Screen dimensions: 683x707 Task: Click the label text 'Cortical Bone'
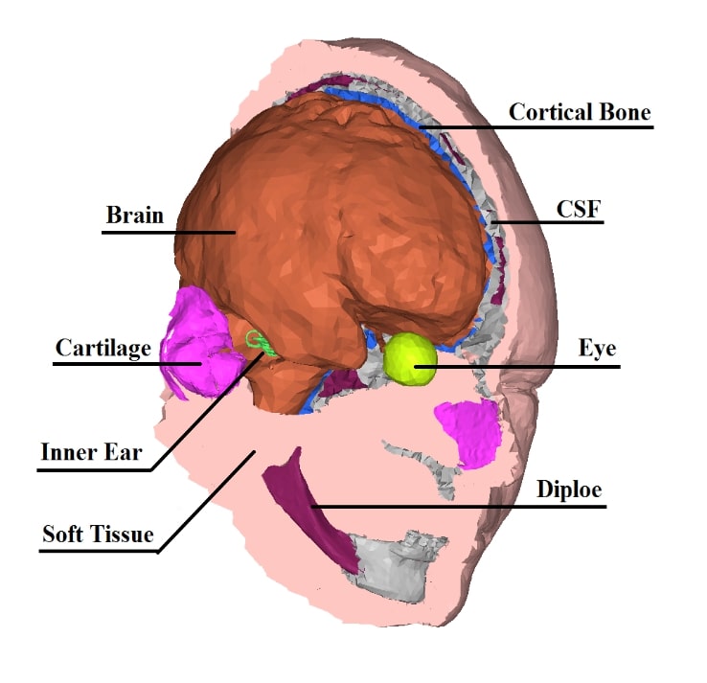click(580, 112)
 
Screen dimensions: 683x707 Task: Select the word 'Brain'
click(134, 215)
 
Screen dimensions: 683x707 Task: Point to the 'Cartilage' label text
click(103, 348)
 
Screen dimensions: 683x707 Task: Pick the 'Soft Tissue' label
click(98, 534)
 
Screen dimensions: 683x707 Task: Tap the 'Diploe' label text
click(569, 489)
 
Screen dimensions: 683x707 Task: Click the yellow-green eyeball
click(411, 358)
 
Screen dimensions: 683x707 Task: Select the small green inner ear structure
click(257, 342)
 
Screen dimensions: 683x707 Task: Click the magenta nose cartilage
click(469, 431)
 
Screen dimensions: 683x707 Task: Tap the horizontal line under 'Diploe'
click(460, 506)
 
